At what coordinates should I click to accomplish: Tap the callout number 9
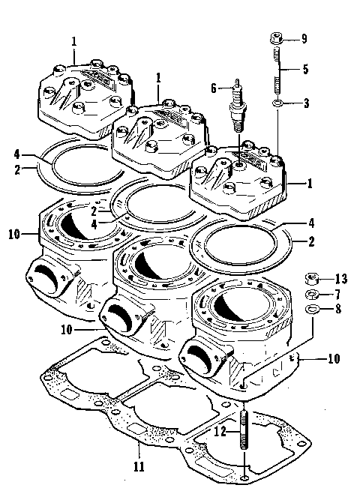click(x=304, y=39)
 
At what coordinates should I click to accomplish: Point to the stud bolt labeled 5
click(x=277, y=70)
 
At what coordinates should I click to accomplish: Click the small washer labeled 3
click(x=277, y=102)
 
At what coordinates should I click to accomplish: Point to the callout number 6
click(x=214, y=88)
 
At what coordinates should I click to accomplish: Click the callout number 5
click(x=304, y=70)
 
